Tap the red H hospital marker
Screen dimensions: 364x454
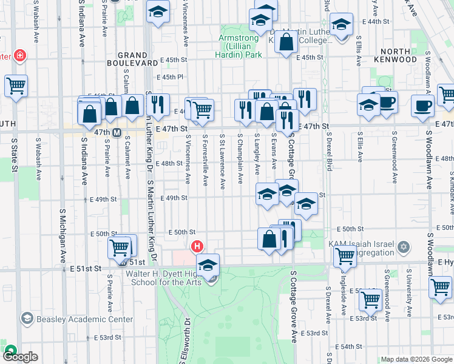click(x=197, y=247)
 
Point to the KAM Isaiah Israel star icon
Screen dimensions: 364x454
click(x=405, y=248)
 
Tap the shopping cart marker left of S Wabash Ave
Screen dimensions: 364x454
click(x=16, y=86)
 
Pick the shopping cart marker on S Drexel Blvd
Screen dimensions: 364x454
click(x=345, y=257)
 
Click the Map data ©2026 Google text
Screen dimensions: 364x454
click(x=416, y=359)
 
